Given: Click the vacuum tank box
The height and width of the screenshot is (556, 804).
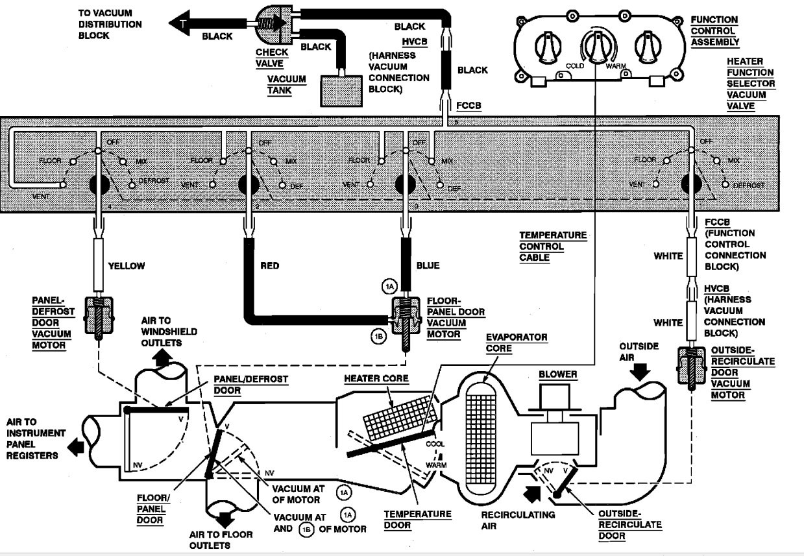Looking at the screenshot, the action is point(341,91).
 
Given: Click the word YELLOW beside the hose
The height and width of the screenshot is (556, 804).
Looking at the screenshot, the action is point(127,266).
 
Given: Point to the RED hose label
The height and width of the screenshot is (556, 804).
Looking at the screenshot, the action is point(269,265).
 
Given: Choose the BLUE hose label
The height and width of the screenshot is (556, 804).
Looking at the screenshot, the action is point(428,265).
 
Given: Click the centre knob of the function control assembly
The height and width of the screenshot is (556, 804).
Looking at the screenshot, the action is point(598,47).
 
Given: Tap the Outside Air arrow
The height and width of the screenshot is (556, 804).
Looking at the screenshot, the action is point(640,372).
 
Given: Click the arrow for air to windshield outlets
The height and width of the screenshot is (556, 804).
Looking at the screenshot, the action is point(162,357).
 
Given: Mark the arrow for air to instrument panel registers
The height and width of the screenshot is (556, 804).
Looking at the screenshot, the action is point(76,448).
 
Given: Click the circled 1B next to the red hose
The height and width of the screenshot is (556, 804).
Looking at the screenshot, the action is point(379,336).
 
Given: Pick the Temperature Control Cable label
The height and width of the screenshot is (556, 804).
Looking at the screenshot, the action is point(553,247).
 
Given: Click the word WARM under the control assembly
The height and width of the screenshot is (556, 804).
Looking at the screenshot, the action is point(616,66).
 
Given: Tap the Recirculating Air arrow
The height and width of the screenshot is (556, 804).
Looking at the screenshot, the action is point(532,494).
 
